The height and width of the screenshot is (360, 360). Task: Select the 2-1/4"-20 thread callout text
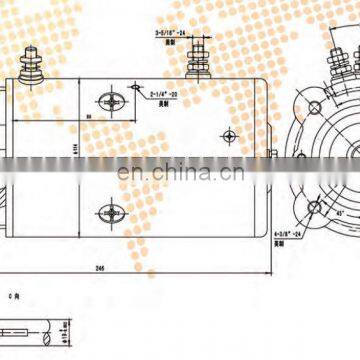[x=163, y=95]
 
